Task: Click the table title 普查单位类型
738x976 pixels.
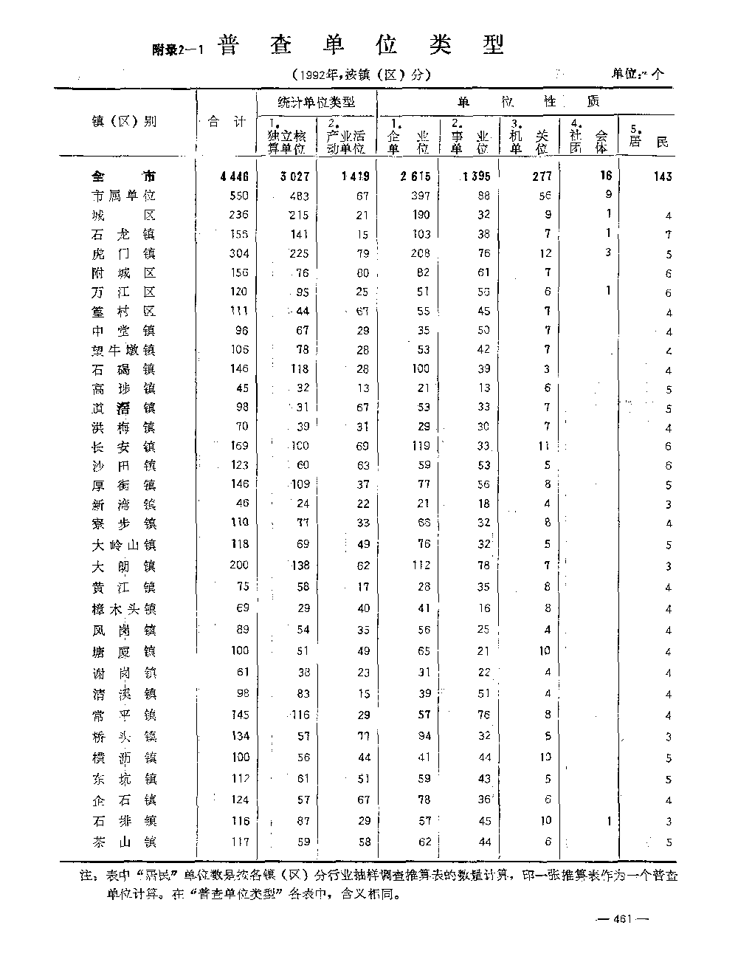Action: [x=362, y=46]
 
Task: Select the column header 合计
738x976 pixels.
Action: [x=227, y=121]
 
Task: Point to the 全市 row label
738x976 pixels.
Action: [x=124, y=176]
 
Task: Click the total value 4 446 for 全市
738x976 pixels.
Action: [x=234, y=176]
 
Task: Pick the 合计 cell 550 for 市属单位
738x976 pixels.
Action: [x=239, y=196]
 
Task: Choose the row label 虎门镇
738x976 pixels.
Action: [x=124, y=253]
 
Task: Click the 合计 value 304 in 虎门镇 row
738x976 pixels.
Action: [x=239, y=253]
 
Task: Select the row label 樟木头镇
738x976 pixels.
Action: [x=124, y=609]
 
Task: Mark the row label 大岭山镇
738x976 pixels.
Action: [x=124, y=545]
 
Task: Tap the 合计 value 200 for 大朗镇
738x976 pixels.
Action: [x=239, y=566]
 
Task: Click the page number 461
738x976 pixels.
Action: [x=624, y=919]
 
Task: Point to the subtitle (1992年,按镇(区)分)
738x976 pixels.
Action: [x=361, y=74]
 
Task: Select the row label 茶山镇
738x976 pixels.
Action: [x=124, y=842]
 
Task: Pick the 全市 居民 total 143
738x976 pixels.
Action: [x=662, y=176]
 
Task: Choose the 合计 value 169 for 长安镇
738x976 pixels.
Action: [x=239, y=446]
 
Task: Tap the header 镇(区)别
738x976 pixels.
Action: [x=124, y=121]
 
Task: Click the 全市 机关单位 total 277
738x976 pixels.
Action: [x=541, y=176]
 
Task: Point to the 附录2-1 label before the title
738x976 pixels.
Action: [x=178, y=49]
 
